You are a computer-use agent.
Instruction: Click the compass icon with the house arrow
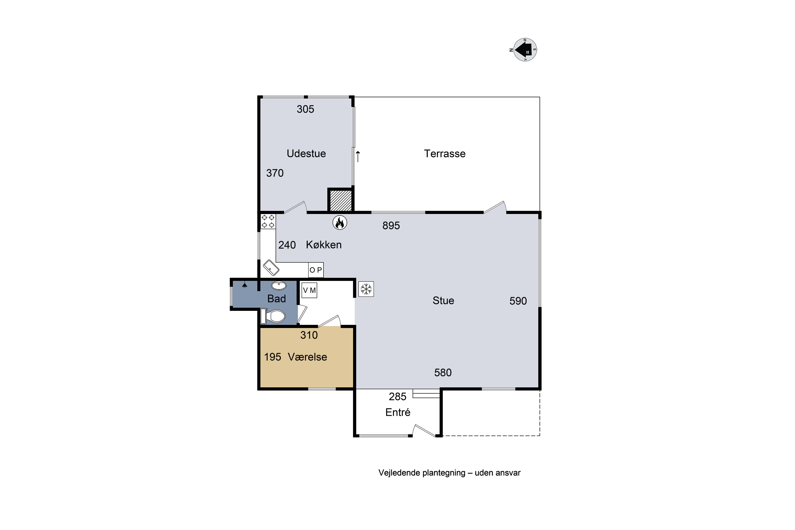(525, 50)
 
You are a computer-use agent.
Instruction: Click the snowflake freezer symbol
(366, 289)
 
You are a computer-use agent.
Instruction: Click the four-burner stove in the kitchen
(268, 221)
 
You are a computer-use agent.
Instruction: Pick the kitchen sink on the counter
(271, 268)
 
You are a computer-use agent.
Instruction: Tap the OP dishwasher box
(316, 270)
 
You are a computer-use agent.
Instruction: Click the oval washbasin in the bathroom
(279, 286)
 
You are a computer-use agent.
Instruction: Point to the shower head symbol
(245, 285)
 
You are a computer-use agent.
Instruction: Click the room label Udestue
(306, 153)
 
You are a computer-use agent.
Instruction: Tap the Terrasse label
(445, 153)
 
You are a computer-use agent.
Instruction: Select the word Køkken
(324, 245)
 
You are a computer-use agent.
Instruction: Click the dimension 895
(391, 226)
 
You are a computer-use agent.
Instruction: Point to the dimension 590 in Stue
(518, 301)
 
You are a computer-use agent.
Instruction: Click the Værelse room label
(308, 357)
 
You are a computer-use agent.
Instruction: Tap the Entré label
(398, 412)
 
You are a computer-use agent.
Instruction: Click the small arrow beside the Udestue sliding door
(358, 157)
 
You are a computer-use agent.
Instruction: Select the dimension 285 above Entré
(397, 396)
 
